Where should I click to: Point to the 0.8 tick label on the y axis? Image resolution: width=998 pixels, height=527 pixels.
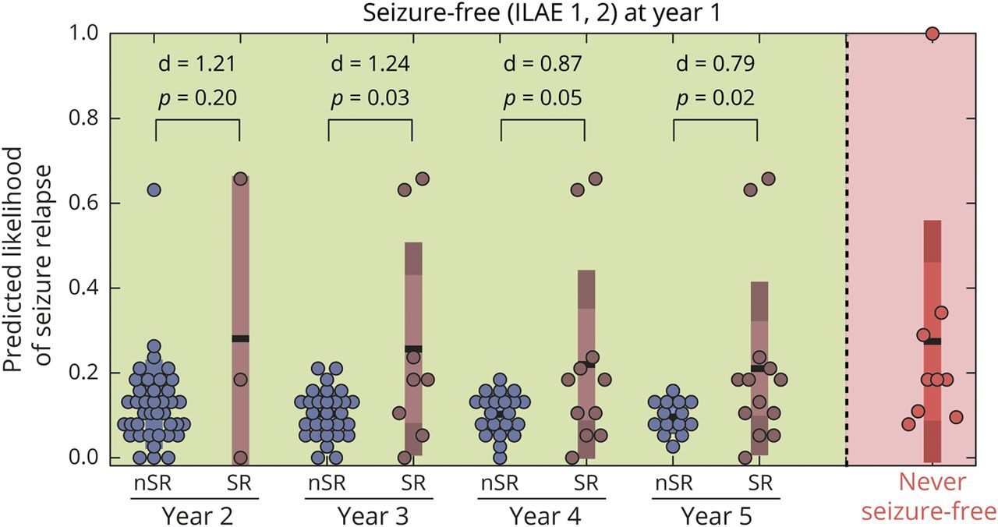pyautogui.click(x=83, y=118)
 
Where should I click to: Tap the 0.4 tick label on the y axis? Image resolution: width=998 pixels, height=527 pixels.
pyautogui.click(x=83, y=288)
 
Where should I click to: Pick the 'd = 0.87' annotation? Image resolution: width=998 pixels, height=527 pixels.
pyautogui.click(x=542, y=64)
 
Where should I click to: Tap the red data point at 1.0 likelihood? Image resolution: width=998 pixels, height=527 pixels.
pyautogui.click(x=932, y=34)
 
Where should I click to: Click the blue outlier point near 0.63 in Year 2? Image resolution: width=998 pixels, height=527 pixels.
pyautogui.click(x=154, y=190)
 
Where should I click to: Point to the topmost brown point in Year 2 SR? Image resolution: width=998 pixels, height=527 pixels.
pyautogui.click(x=241, y=179)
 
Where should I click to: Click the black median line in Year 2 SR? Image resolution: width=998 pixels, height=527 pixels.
pyautogui.click(x=241, y=338)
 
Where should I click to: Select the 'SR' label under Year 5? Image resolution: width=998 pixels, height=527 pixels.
pyautogui.click(x=757, y=483)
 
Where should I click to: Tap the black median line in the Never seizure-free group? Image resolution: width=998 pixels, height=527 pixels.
pyautogui.click(x=932, y=341)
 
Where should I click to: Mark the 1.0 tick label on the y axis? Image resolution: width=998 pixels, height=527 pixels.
pyautogui.click(x=83, y=34)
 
